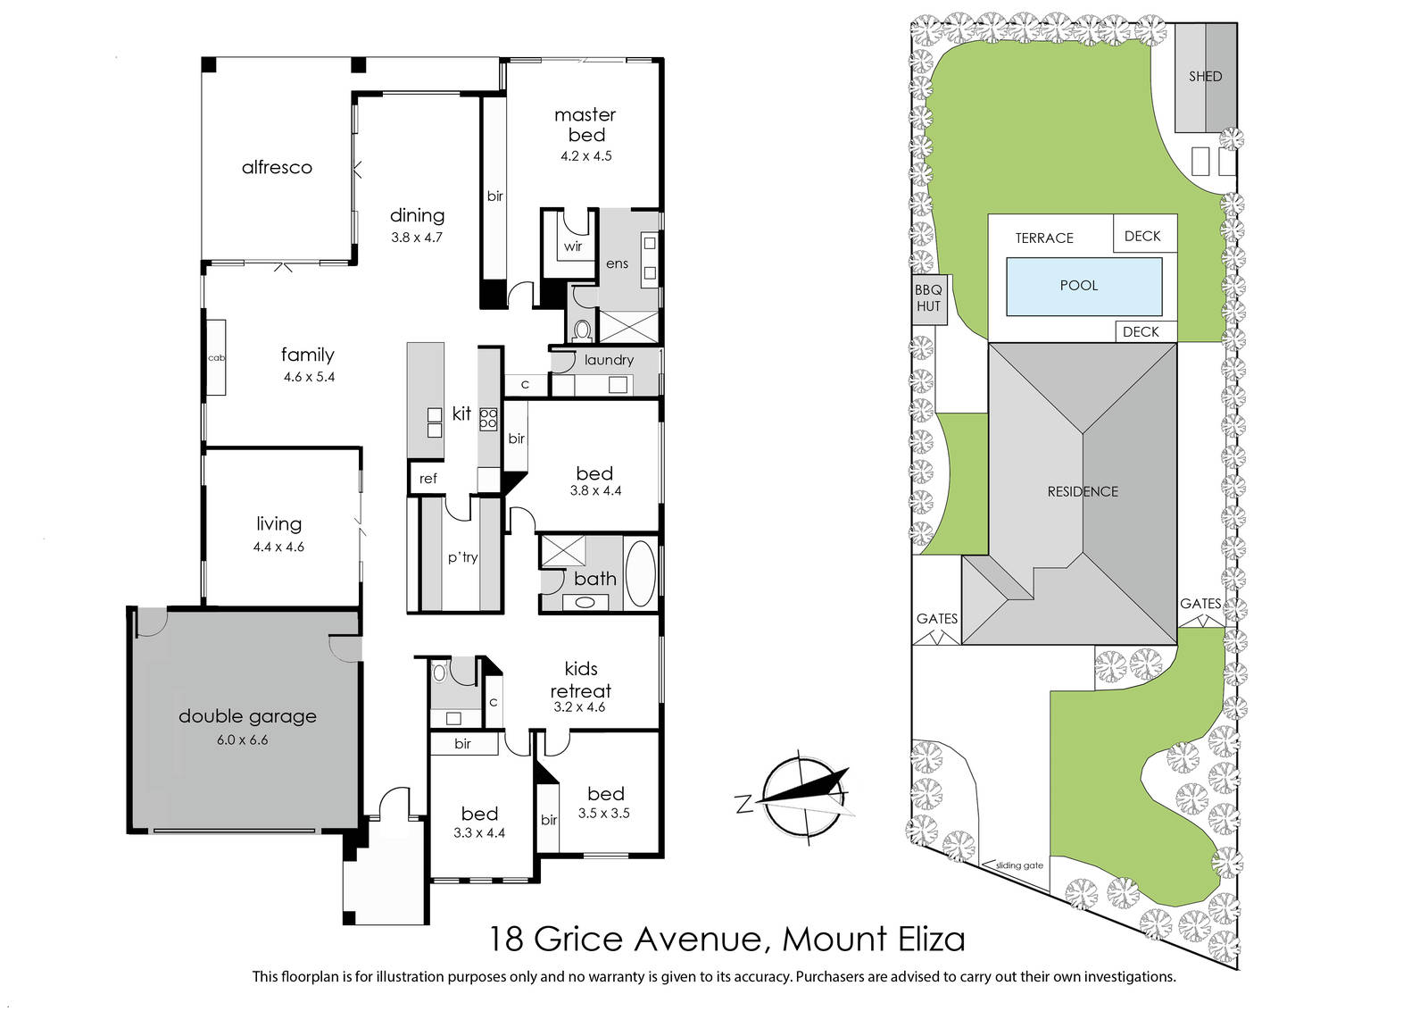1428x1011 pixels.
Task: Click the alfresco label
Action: (277, 168)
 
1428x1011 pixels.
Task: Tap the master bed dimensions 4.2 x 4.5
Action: (585, 156)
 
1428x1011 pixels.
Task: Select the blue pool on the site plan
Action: (1083, 287)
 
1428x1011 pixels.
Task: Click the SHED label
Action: (1205, 77)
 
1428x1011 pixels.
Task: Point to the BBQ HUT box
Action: (929, 299)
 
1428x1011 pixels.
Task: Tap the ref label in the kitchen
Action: (428, 479)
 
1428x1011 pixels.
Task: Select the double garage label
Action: (247, 716)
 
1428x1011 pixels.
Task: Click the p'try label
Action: (462, 556)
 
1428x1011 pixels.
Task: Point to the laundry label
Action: (609, 360)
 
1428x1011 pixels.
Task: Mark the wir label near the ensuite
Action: (572, 246)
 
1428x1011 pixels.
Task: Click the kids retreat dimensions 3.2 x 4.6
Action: (579, 706)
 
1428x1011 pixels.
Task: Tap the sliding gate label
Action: (1019, 865)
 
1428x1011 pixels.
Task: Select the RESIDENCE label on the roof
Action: (1083, 492)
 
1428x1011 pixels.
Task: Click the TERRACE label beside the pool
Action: (1044, 238)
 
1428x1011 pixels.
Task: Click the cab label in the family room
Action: (216, 358)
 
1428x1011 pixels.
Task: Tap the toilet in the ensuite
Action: (582, 330)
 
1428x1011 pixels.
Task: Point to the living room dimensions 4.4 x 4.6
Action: (278, 547)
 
